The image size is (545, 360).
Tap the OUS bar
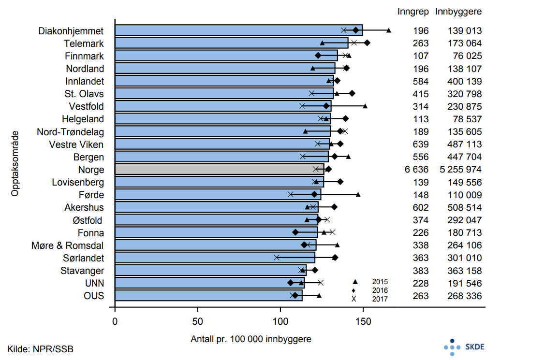tap(208, 295)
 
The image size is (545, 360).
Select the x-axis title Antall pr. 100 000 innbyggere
tap(251, 339)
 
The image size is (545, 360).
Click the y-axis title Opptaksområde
tap(15, 162)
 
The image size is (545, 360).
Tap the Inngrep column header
tap(413, 11)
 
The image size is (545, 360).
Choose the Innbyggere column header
tap(458, 11)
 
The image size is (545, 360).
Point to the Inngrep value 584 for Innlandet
tap(421, 81)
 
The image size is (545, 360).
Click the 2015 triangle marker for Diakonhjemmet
tap(389, 30)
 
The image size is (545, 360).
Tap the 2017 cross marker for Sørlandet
tap(277, 258)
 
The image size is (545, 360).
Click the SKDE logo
tap(464, 347)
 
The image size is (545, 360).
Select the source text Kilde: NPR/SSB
tap(41, 348)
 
